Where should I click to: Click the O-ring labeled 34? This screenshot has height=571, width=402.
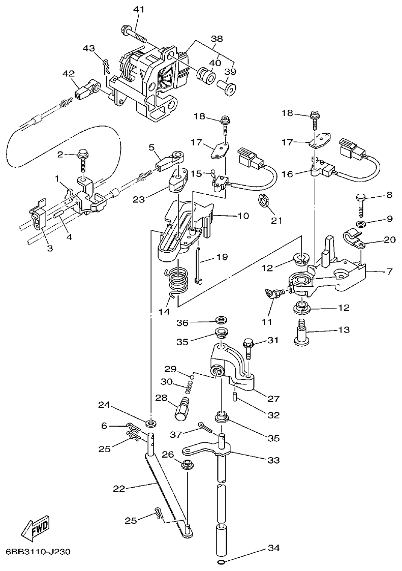coord(220,562)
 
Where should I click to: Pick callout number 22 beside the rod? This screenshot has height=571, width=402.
coord(119,488)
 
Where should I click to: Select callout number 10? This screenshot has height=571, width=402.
coord(243,216)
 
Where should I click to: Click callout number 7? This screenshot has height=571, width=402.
coord(389,272)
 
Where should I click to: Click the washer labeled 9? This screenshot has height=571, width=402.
coord(360,224)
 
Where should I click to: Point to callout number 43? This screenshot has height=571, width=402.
coord(88,48)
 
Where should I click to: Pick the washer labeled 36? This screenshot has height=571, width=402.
coord(221,320)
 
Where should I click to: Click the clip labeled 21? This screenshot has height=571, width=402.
coord(263,201)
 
